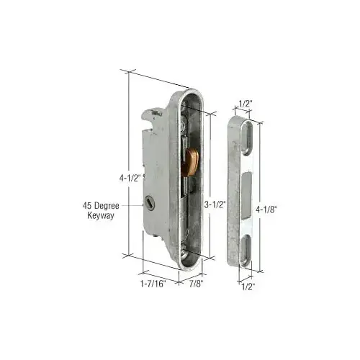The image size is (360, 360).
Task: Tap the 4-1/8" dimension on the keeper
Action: pos(266,209)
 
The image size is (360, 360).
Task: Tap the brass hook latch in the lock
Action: pos(194,161)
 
